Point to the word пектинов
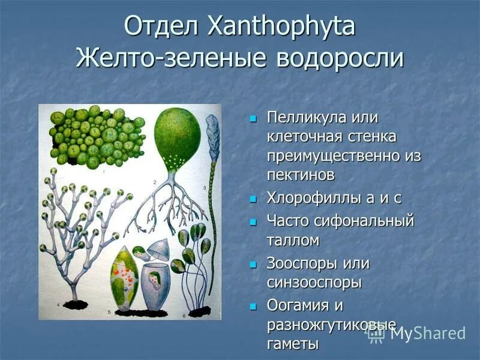(301, 175)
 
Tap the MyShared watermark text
(427, 334)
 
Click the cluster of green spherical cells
(96, 136)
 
